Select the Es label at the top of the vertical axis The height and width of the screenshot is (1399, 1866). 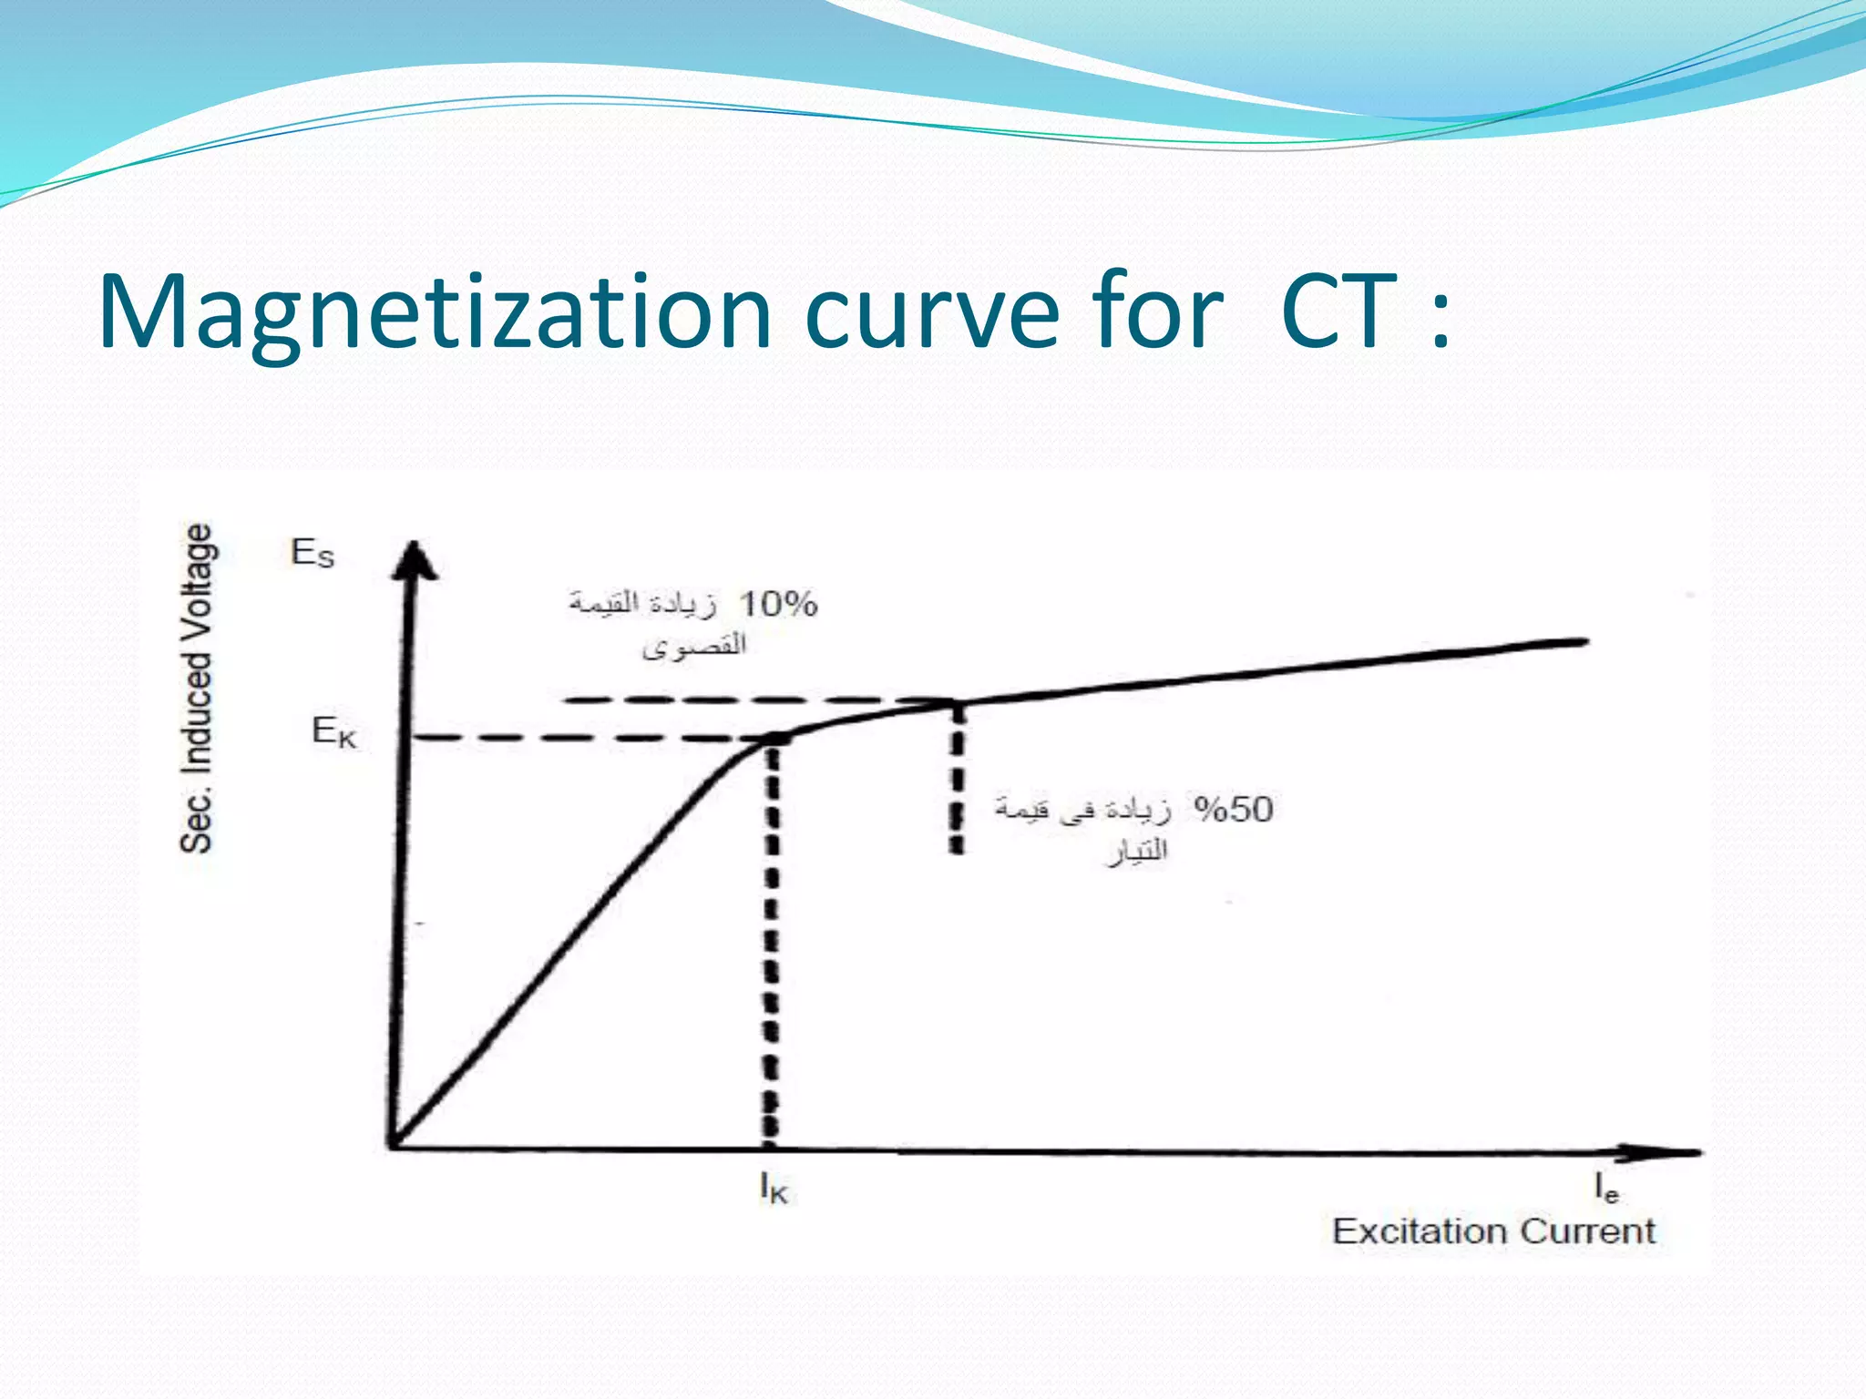coord(313,553)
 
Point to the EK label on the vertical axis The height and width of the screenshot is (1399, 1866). coord(333,731)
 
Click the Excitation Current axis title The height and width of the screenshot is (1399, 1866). coord(1493,1231)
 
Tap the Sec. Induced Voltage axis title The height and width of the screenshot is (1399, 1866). coord(198,689)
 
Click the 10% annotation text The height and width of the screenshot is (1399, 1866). coord(777,604)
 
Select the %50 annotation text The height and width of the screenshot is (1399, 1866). coord(1234,810)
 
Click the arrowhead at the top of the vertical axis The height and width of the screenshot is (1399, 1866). coord(415,557)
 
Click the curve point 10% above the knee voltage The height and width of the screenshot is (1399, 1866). coord(956,702)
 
